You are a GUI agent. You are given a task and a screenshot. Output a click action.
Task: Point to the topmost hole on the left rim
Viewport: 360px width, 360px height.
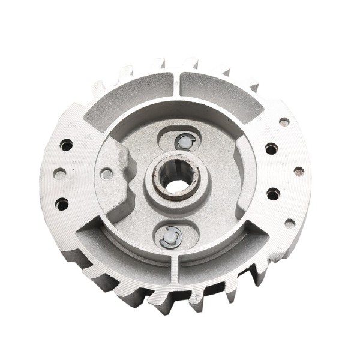tap(66, 145)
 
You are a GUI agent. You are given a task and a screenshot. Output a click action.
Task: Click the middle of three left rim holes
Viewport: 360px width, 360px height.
tap(59, 173)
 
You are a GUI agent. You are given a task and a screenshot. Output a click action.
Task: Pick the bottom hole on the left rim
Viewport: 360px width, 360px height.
tap(62, 204)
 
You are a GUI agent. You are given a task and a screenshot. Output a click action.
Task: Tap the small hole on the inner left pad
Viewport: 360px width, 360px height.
tap(106, 174)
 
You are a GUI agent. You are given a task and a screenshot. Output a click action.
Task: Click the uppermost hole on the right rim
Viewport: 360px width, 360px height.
tap(284, 122)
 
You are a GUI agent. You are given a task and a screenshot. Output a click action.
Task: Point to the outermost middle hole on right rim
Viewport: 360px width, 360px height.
tap(299, 172)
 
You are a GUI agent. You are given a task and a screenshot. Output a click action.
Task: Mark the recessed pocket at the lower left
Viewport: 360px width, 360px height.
tap(120, 252)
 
